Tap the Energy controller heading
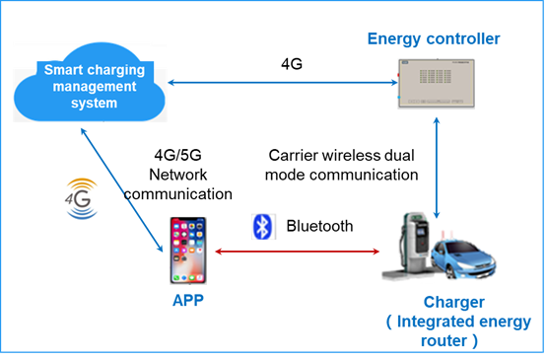(434, 39)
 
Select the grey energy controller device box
(435, 85)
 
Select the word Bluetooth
(319, 227)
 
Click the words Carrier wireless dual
(341, 156)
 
